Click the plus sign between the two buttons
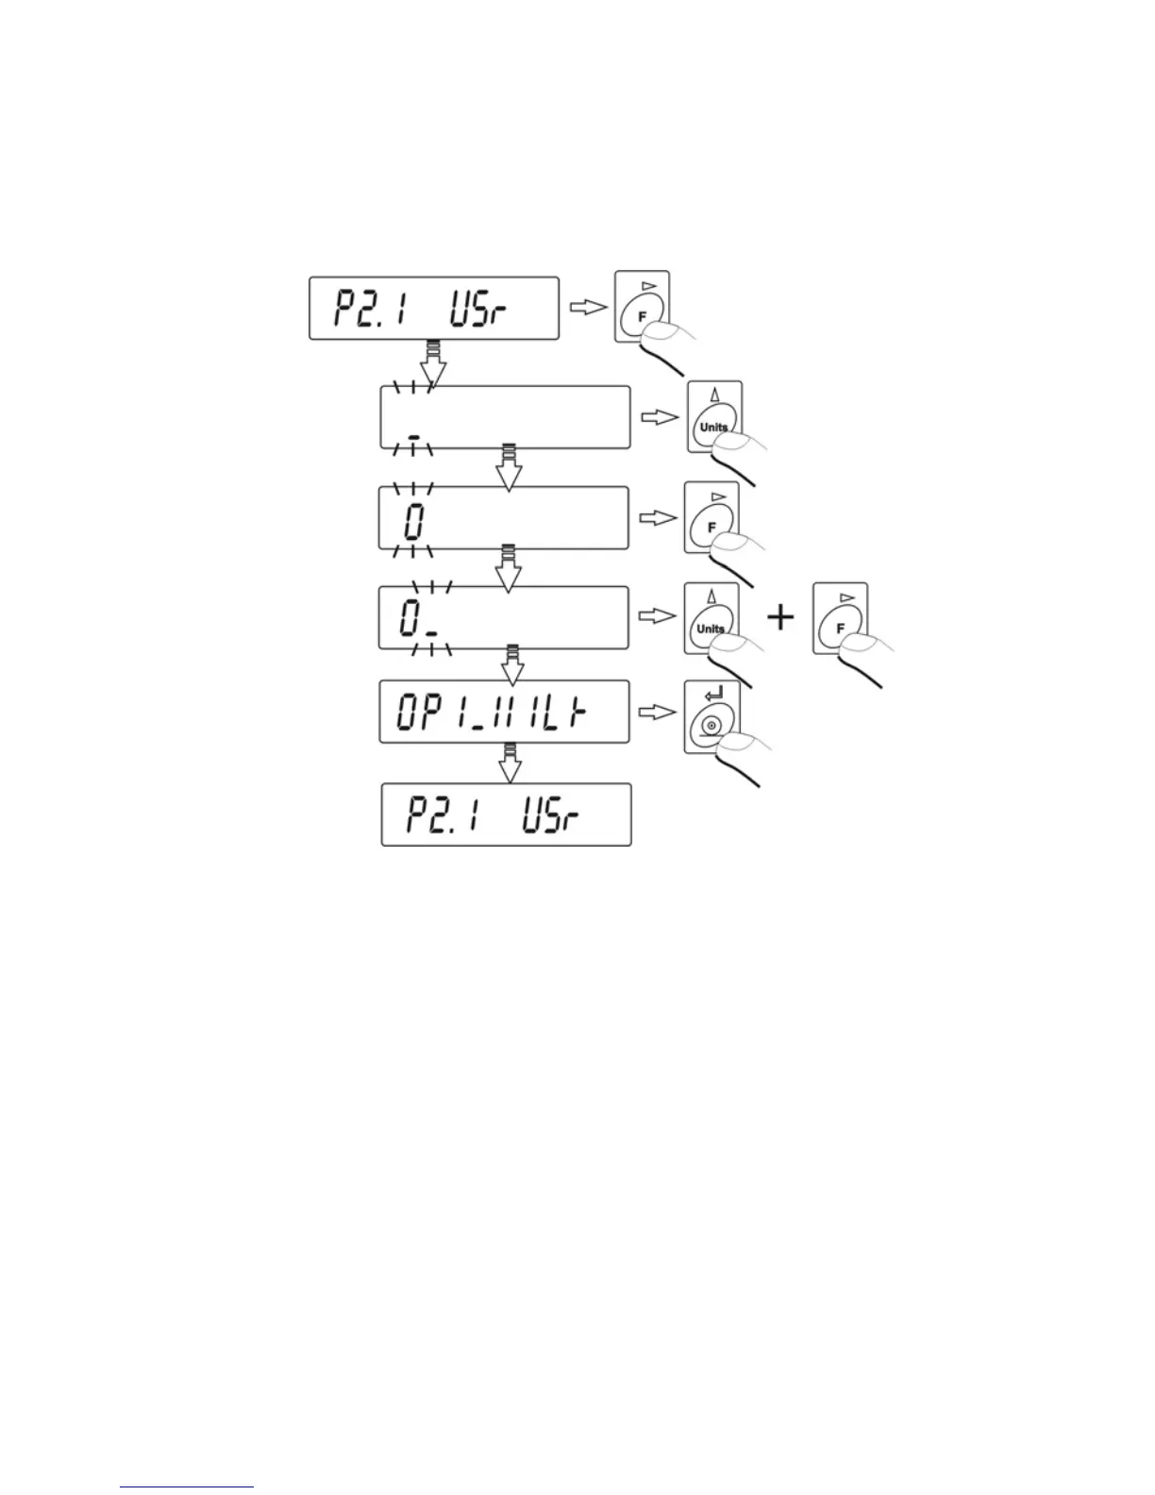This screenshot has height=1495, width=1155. coord(779,618)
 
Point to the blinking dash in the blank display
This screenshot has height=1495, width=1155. coord(413,437)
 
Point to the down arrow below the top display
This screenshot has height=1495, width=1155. coord(433,368)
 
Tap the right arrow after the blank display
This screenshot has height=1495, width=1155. coord(658,416)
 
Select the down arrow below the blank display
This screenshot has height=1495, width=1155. coord(510,468)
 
